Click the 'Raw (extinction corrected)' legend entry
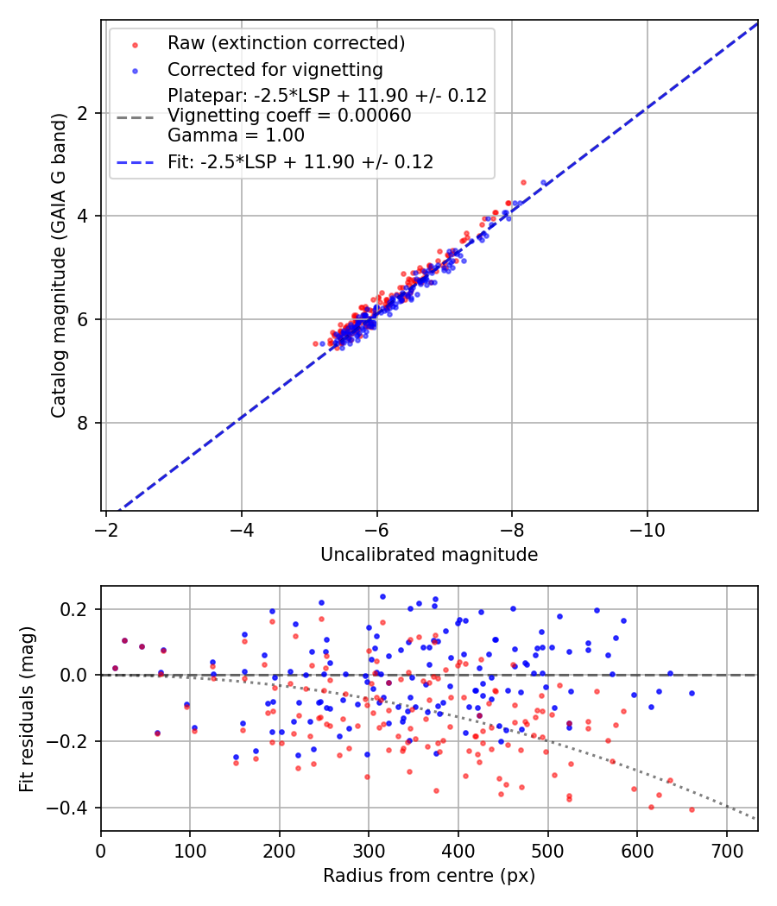[x=286, y=43]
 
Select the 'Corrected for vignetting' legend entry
[x=275, y=69]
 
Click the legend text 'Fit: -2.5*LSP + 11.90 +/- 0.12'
[x=300, y=161]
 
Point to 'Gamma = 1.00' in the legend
[x=236, y=135]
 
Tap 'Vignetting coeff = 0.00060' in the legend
[x=289, y=116]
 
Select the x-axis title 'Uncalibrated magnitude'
[x=429, y=555]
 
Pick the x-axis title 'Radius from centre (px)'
[x=429, y=876]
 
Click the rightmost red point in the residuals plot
[x=692, y=809]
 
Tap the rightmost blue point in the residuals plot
[x=692, y=693]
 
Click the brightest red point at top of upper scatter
[x=523, y=182]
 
